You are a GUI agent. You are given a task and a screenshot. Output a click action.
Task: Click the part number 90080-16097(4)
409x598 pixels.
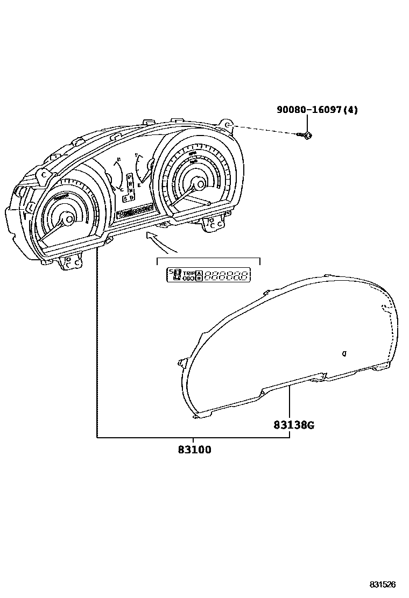(x=317, y=110)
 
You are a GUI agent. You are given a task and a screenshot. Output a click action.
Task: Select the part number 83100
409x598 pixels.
(x=194, y=450)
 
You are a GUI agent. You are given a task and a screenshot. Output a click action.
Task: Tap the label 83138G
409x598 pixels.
(x=293, y=425)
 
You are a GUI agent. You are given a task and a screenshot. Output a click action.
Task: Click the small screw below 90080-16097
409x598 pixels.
(x=307, y=135)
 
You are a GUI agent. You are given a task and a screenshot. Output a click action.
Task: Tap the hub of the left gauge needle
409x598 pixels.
(x=68, y=218)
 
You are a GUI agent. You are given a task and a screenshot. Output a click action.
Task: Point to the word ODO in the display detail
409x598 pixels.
(x=188, y=279)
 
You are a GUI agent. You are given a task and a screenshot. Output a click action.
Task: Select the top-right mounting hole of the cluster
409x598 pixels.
(x=228, y=125)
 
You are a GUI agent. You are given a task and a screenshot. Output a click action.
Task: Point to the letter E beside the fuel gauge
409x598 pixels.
(x=140, y=185)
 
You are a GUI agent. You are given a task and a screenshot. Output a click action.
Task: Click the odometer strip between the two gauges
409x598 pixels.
(x=135, y=211)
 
